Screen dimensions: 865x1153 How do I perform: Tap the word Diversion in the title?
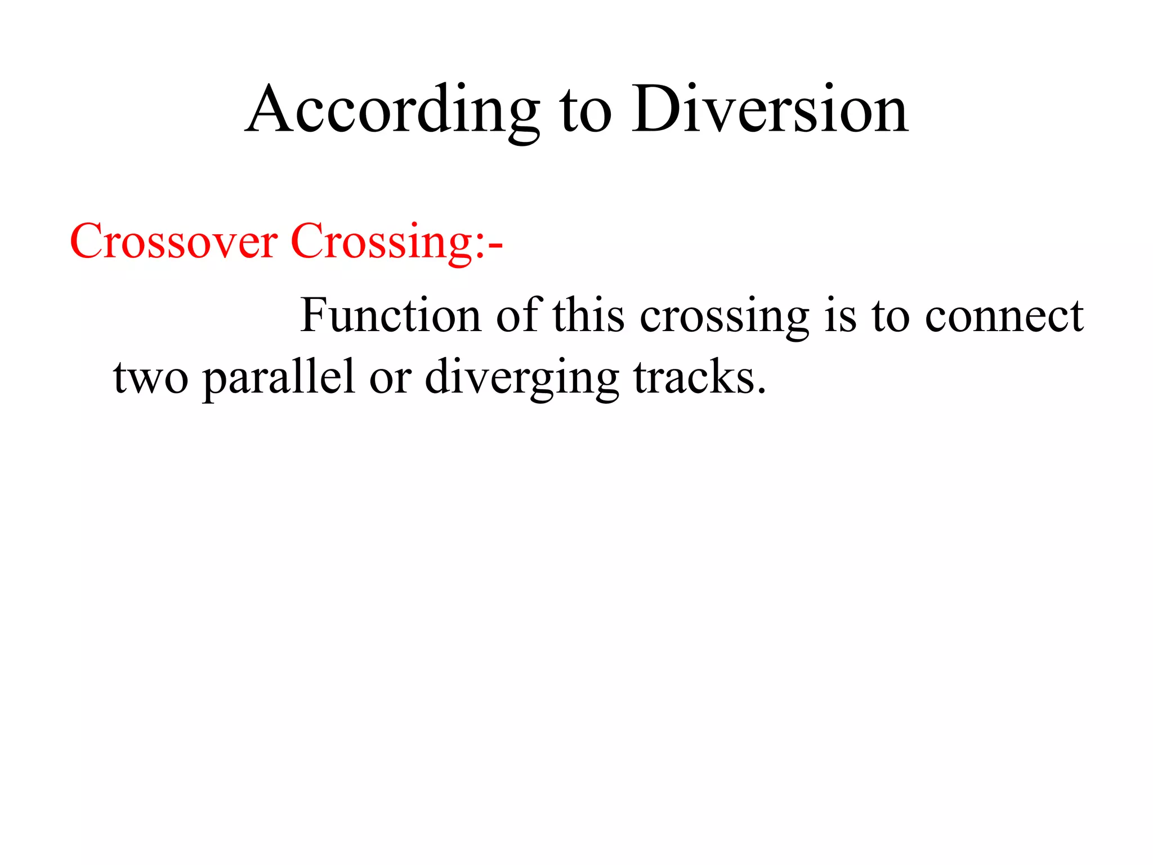[770, 110]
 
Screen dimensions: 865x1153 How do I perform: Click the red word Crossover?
[173, 242]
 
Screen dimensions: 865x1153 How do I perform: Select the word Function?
[391, 315]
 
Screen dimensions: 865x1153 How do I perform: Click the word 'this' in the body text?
[588, 315]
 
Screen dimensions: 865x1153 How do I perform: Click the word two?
[151, 378]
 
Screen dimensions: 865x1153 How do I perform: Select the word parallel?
[279, 378]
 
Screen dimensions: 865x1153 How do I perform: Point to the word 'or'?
[390, 379]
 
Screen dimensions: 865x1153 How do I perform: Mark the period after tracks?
[761, 390]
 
